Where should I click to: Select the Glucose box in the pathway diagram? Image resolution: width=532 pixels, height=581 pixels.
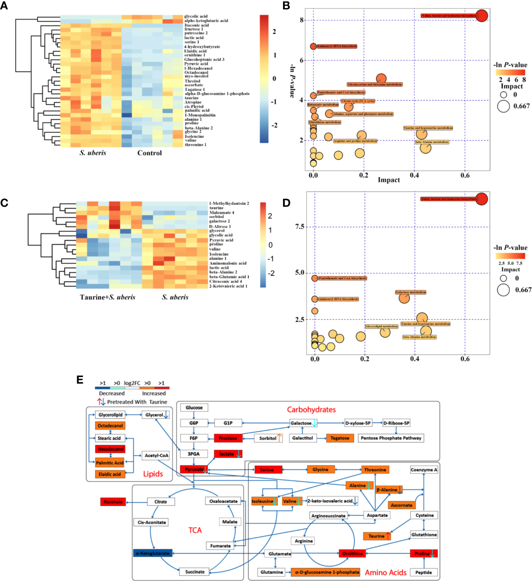coord(194,408)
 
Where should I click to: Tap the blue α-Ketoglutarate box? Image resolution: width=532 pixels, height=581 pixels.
coord(153,553)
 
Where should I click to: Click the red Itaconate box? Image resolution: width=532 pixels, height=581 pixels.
coord(113,502)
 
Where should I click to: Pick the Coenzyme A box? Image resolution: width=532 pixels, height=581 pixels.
coord(424,470)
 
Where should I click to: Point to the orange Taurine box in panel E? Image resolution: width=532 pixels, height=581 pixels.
coord(377,536)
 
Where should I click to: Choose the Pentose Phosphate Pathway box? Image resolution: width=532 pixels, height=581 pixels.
coord(391,438)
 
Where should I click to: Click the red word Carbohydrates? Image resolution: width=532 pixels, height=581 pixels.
coord(311,410)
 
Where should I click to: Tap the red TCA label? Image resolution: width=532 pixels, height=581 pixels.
coord(195,530)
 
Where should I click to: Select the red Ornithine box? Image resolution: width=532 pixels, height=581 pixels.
coord(352,553)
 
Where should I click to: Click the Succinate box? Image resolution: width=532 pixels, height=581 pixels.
coord(195,572)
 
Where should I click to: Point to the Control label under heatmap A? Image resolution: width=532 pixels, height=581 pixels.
coord(149,153)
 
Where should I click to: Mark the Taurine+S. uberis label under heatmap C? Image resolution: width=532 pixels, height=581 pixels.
coord(108,297)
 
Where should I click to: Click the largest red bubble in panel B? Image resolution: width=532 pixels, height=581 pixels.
coord(482,16)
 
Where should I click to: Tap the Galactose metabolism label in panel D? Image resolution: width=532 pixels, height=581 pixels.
coord(410,292)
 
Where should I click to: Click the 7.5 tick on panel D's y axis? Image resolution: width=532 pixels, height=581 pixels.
coord(300,227)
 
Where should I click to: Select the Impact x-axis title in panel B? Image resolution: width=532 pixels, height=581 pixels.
coord(389,180)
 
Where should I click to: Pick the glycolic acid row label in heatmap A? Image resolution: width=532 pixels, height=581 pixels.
coord(196,16)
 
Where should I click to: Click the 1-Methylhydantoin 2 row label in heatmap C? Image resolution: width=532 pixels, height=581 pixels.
coord(229,203)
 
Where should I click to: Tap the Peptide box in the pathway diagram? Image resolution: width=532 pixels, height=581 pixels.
coord(424,572)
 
